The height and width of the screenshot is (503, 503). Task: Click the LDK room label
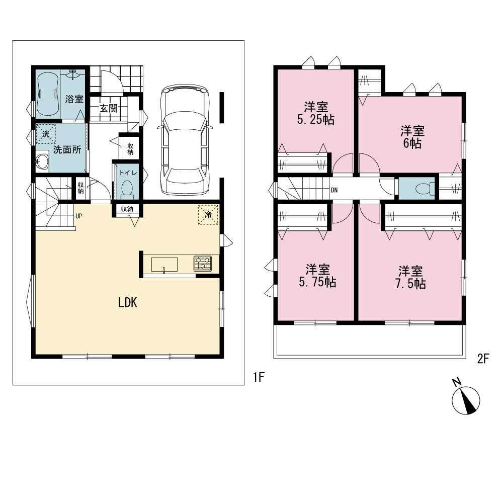[128, 302]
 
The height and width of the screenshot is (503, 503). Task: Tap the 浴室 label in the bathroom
[74, 99]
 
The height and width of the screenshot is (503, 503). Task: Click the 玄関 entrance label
[109, 109]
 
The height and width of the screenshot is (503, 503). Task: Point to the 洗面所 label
[67, 149]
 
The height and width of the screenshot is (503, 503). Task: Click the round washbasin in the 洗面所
[42, 161]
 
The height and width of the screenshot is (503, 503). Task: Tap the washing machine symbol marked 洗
[46, 134]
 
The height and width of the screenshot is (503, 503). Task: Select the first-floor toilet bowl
[127, 189]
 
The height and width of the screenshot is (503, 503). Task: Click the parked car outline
[185, 139]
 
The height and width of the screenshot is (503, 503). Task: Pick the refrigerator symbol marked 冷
[208, 214]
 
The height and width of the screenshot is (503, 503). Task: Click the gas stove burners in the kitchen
[202, 264]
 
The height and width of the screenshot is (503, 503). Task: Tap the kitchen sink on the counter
[164, 265]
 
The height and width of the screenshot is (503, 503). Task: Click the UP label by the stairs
[79, 216]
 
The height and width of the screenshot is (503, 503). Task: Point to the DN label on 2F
[334, 190]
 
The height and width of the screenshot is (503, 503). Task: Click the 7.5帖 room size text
[410, 284]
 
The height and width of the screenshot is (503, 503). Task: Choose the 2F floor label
[483, 359]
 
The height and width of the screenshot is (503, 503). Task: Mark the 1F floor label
[259, 377]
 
